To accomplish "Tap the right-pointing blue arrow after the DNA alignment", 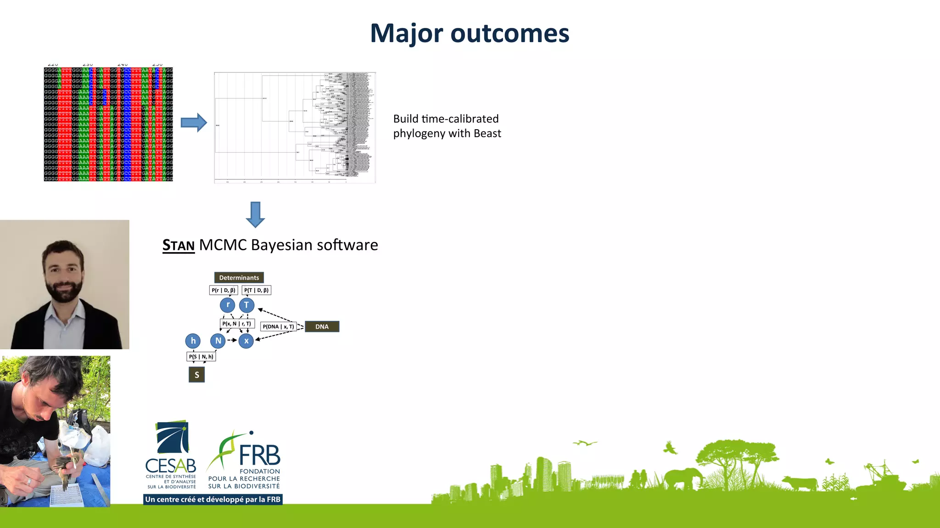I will pyautogui.click(x=194, y=122).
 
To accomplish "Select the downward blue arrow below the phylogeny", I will pyautogui.click(x=255, y=214).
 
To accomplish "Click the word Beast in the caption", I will pyautogui.click(x=487, y=133).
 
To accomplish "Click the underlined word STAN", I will pyautogui.click(x=179, y=246).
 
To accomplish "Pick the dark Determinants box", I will pyautogui.click(x=239, y=278).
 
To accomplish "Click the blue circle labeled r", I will pyautogui.click(x=228, y=305).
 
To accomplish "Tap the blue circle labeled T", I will pyautogui.click(x=246, y=305).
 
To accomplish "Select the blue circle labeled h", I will pyautogui.click(x=193, y=341).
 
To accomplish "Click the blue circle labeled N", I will pyautogui.click(x=218, y=341).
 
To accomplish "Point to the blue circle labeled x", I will pyautogui.click(x=246, y=341).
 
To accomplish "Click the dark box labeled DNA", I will pyautogui.click(x=322, y=327).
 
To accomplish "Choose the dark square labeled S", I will pyautogui.click(x=197, y=375).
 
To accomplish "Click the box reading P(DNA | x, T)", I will pyautogui.click(x=278, y=327).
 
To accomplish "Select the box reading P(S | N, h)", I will pyautogui.click(x=201, y=357).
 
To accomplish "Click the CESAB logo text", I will pyautogui.click(x=171, y=466).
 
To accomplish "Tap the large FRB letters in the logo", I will pyautogui.click(x=259, y=456).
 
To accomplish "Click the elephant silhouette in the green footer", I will pyautogui.click(x=683, y=478).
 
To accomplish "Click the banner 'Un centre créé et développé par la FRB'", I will pyautogui.click(x=213, y=500).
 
